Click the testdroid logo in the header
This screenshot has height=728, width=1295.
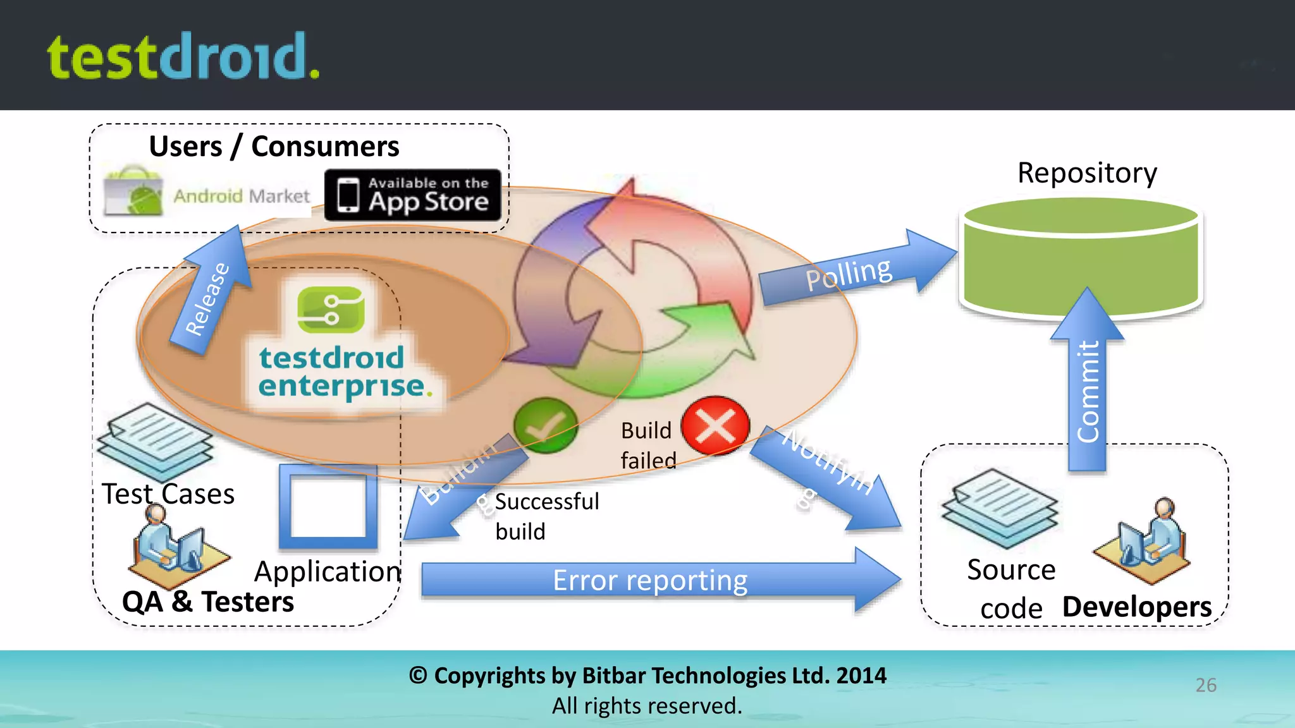183,57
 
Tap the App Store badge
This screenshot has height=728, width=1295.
413,195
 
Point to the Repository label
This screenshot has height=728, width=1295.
1086,173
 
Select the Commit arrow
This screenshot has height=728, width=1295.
1087,385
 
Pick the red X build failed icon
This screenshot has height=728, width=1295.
715,426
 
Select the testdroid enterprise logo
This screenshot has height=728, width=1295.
335,348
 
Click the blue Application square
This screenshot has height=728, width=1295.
328,506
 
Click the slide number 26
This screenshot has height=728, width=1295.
1205,685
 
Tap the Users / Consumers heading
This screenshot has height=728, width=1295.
274,147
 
